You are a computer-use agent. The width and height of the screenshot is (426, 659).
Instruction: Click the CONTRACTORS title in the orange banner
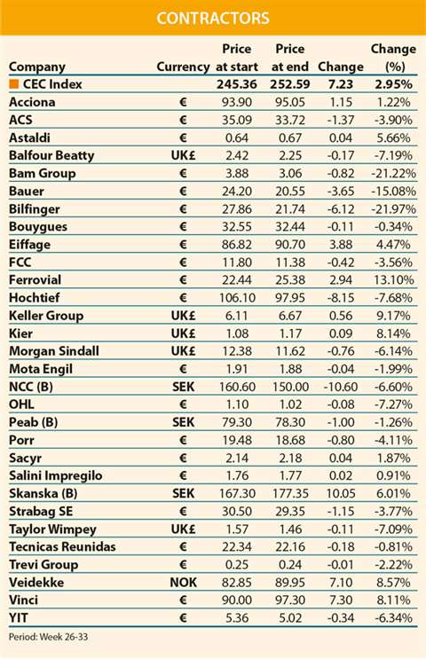[x=213, y=18]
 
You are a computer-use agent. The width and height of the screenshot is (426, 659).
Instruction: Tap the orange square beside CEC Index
[x=14, y=84]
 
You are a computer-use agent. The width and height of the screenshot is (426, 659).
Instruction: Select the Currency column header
[x=183, y=67]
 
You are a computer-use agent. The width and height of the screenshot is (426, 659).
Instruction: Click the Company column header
[x=37, y=67]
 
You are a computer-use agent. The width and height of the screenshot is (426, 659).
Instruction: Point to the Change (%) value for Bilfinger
[x=393, y=209]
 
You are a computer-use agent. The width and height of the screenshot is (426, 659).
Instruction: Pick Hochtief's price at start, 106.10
[x=237, y=297]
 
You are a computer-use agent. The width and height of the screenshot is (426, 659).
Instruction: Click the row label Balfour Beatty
[x=51, y=155]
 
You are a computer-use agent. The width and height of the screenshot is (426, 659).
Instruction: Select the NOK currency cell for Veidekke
[x=184, y=582]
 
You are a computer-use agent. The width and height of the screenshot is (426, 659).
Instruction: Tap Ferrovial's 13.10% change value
[x=393, y=280]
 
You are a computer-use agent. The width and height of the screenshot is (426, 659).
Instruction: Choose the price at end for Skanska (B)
[x=290, y=493]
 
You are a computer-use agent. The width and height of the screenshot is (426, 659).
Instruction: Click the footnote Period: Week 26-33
[x=48, y=637]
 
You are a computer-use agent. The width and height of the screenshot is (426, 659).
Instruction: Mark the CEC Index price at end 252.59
[x=290, y=84]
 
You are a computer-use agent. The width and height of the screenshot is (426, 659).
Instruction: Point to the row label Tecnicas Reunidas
[x=62, y=546]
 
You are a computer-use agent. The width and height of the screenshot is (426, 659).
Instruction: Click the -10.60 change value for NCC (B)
[x=341, y=387]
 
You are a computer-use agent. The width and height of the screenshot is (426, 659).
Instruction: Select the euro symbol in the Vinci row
[x=183, y=600]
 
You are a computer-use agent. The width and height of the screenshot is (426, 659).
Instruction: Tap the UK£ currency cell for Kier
[x=184, y=333]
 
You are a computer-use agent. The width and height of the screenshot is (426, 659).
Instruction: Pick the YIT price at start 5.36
[x=237, y=618]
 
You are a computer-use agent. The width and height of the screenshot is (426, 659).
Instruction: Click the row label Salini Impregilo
[x=56, y=475]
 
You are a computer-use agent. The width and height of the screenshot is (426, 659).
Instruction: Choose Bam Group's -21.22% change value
[x=393, y=173]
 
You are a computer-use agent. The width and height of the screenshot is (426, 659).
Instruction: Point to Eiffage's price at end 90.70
[x=290, y=244]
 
